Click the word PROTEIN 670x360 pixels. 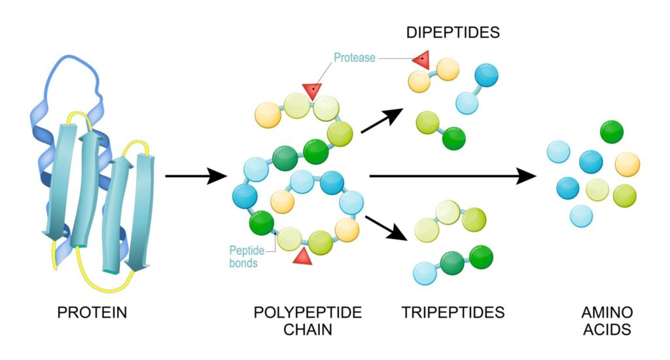92,312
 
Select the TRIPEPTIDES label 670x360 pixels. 453,312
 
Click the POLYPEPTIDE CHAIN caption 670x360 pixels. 308,321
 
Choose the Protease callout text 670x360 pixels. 354,58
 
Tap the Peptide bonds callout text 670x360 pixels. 243,257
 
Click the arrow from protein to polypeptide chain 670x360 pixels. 196,176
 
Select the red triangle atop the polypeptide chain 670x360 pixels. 313,91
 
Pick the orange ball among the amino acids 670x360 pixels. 627,164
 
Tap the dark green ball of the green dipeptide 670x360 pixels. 453,138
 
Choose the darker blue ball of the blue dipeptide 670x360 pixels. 486,76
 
